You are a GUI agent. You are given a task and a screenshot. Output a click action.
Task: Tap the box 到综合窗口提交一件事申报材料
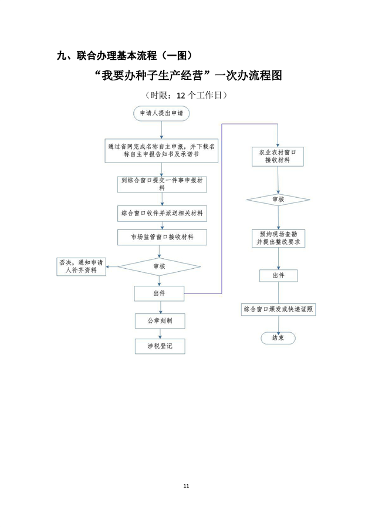tap(161, 184)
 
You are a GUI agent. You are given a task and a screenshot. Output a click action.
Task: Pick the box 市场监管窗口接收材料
tap(161, 237)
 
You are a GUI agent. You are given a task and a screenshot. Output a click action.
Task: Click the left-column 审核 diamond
tap(159, 266)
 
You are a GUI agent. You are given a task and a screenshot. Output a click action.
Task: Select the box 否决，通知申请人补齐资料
tap(81, 266)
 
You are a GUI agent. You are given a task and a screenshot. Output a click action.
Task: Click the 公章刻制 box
tap(159, 321)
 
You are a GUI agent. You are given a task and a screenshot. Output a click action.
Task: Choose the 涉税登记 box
tap(159, 346)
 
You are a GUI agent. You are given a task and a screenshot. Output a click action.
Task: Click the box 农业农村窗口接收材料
tap(278, 156)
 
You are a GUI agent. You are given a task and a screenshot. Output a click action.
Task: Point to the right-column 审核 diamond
tap(278, 200)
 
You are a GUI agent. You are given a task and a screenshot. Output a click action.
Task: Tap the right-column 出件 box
tap(278, 275)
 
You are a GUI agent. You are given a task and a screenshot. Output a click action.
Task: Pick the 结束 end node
tap(278, 338)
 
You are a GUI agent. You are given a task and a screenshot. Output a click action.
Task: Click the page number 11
tap(186, 486)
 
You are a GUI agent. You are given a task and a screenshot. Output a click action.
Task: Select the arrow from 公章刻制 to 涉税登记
tap(159, 333)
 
